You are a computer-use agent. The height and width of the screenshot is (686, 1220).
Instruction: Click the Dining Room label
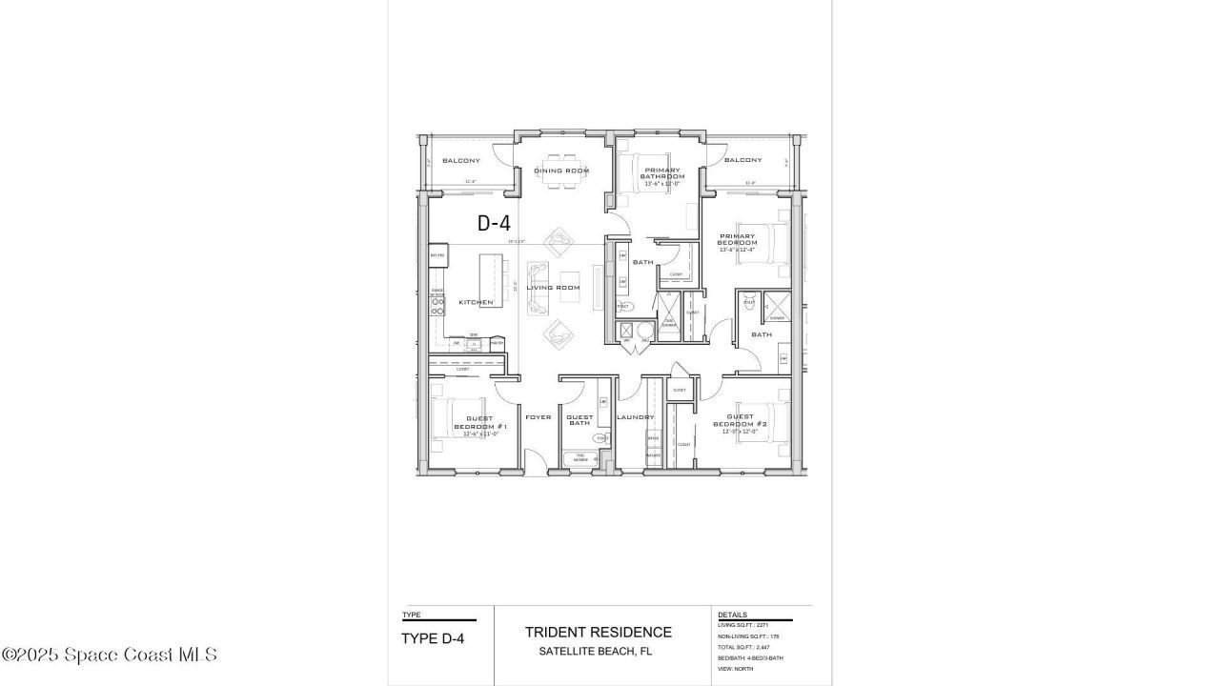[x=561, y=171]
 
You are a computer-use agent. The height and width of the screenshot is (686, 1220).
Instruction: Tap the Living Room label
[x=554, y=288]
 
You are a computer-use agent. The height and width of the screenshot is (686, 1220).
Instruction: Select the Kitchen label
[x=476, y=302]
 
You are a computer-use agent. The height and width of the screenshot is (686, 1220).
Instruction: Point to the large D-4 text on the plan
[x=494, y=224]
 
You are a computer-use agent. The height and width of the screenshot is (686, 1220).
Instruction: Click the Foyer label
[x=539, y=417]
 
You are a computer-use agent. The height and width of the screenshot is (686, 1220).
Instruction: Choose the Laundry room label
[x=635, y=417]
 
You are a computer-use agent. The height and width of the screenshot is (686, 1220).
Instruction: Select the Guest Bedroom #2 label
[x=741, y=423]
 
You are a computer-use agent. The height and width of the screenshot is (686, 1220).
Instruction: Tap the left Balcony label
[x=460, y=160]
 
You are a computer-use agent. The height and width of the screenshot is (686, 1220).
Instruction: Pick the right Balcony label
[x=742, y=160]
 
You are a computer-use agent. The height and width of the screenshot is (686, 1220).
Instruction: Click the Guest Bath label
[x=579, y=419]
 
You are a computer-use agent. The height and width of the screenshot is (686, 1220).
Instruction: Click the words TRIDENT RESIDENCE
[x=598, y=632]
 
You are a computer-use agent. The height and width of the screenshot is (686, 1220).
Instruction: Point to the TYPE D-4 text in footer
[x=433, y=638]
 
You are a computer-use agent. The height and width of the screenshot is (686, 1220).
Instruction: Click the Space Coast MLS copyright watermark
[x=109, y=655]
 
